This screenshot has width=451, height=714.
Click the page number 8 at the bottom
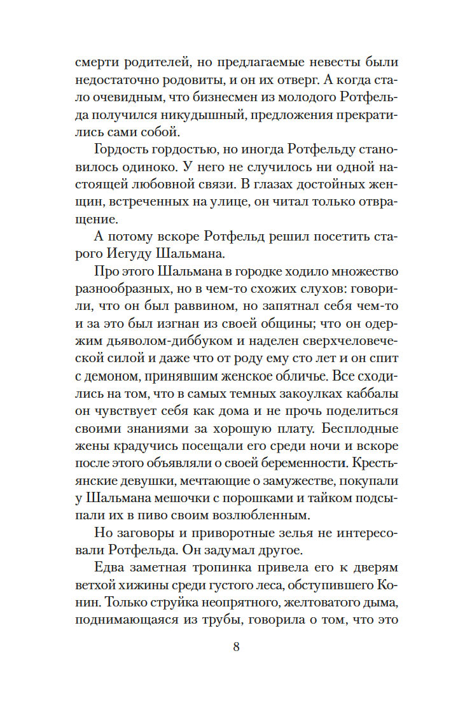click(236, 648)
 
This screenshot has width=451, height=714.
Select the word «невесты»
click(324, 63)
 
